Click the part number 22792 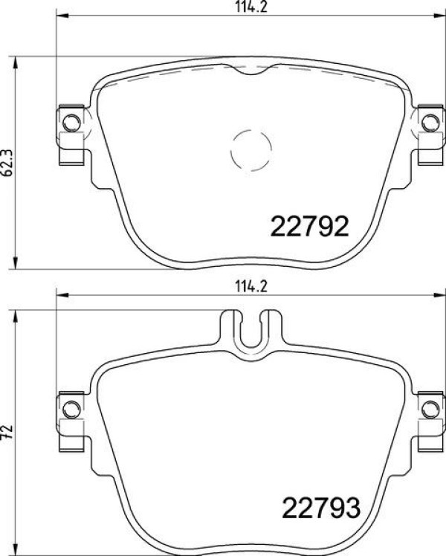click(x=309, y=226)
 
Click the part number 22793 click(x=321, y=508)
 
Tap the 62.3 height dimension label click(x=7, y=163)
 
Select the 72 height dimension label click(x=7, y=431)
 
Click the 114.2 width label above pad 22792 click(x=251, y=7)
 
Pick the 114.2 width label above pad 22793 click(x=251, y=286)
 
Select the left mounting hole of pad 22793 click(x=71, y=410)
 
